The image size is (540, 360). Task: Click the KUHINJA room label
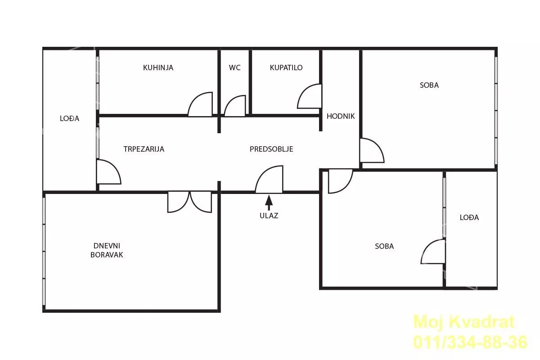158,68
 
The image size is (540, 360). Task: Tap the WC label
234,68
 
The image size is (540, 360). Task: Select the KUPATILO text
286,68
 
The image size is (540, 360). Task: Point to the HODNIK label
341,117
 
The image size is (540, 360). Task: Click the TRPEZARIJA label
144,149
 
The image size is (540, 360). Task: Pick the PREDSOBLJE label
271,149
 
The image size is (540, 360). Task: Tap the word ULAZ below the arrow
269,216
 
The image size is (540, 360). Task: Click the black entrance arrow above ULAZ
269,203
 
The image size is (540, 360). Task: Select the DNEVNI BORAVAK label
107,250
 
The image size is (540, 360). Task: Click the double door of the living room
190,202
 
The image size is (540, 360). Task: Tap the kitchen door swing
200,104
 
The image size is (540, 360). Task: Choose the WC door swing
235,106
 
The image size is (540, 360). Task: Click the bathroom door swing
309,96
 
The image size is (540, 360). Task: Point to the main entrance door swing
269,180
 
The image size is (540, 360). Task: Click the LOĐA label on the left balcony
69,118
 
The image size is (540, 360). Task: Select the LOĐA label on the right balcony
469,217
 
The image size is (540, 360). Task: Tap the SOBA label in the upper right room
429,85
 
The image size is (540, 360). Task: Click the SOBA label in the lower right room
384,246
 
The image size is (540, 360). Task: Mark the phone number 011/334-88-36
470,342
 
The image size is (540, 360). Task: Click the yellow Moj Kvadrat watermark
464,322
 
